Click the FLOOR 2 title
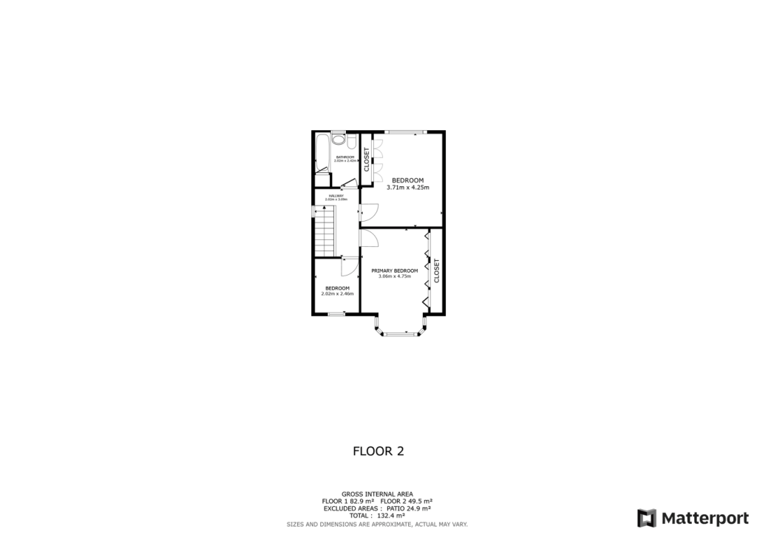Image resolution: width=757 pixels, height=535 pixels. coord(378,450)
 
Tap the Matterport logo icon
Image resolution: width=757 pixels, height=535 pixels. coord(647,517)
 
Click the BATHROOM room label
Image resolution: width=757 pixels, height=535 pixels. coord(345,157)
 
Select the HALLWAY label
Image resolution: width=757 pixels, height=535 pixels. coord(336,196)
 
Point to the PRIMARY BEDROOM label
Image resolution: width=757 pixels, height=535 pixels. coord(394,270)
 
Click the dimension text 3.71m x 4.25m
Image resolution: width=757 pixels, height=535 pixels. coord(407,188)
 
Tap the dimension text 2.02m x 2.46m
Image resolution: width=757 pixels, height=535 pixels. coord(337,294)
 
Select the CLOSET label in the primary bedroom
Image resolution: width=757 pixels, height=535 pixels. coord(436,270)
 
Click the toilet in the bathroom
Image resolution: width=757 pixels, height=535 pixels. coord(338,138)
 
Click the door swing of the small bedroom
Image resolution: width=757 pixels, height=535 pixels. coord(347,266)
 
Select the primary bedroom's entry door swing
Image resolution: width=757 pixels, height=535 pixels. coord(369,238)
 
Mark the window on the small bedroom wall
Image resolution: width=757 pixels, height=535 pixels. coord(336,314)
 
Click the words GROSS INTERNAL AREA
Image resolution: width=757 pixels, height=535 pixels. coord(377,494)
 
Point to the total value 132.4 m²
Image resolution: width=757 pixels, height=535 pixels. coord(397,516)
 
